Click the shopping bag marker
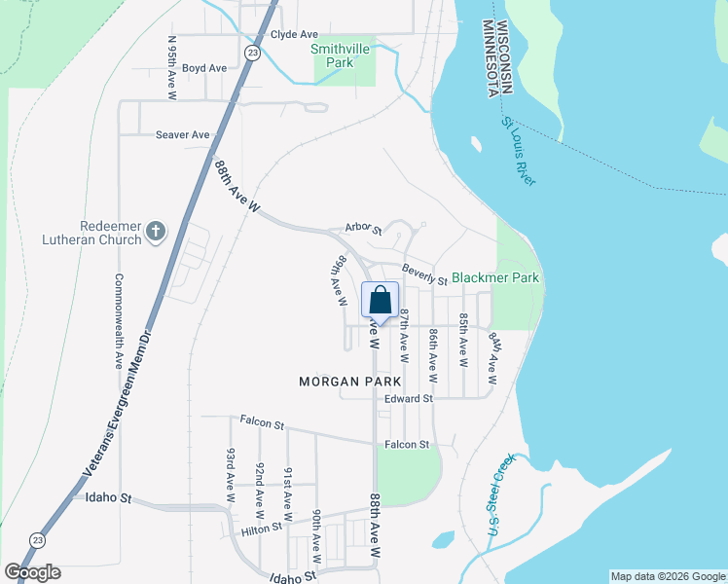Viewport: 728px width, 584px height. (x=380, y=299)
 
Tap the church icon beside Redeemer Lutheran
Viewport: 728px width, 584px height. (x=156, y=232)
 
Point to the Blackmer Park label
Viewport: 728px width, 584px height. (x=494, y=277)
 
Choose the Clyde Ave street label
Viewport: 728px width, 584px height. (x=295, y=33)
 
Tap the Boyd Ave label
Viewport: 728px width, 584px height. (x=203, y=68)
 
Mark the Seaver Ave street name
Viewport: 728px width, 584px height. (x=182, y=134)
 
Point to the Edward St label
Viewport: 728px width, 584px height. (x=408, y=399)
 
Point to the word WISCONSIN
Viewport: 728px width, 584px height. (x=503, y=57)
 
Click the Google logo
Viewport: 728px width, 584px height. (x=32, y=572)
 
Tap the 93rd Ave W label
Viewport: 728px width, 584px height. (x=231, y=475)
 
